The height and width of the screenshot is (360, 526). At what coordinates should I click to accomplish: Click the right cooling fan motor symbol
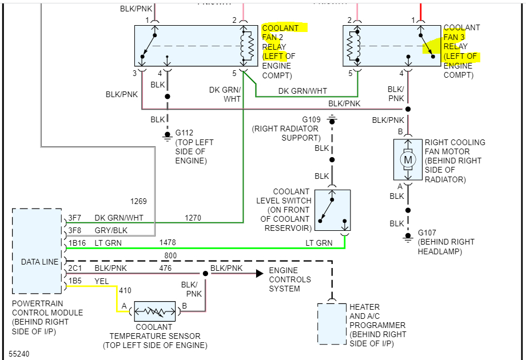408,159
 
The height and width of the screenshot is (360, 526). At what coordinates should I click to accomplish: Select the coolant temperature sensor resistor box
155,311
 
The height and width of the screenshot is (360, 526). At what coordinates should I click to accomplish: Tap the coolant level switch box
332,210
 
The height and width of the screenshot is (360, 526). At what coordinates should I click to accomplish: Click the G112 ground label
184,133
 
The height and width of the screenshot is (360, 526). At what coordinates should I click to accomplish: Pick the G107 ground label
427,233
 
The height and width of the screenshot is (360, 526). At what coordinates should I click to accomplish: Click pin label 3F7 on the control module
75,218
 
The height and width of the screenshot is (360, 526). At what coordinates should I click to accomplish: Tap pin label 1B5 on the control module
75,281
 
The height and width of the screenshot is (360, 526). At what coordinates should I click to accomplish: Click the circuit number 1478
168,243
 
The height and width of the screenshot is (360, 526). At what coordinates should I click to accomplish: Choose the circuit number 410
125,290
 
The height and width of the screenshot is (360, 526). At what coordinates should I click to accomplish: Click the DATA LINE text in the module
39,262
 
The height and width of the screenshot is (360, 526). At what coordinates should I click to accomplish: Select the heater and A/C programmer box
332,324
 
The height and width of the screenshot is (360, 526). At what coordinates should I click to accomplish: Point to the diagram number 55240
19,354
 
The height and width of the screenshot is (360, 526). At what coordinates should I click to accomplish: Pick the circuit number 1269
138,201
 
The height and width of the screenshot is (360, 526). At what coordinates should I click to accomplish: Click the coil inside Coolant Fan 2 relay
247,46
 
